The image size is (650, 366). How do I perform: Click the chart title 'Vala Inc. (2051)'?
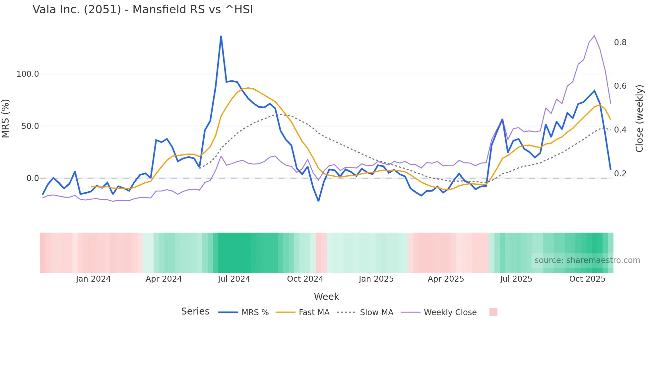[143, 10]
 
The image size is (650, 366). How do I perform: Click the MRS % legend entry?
[255, 313]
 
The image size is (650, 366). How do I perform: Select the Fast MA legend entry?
[314, 313]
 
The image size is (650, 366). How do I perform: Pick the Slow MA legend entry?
[376, 313]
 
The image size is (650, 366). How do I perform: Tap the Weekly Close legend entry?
[450, 313]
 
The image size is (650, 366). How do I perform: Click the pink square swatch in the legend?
[493, 312]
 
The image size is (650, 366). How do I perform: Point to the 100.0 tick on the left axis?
[28, 74]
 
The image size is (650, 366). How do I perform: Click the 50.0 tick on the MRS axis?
[30, 126]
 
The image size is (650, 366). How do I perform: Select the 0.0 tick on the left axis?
[32, 178]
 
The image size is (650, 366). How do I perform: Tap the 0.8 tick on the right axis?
[620, 43]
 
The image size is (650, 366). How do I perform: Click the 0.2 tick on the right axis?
[620, 174]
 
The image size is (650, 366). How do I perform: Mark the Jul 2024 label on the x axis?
[234, 279]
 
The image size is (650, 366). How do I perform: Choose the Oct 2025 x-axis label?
[587, 279]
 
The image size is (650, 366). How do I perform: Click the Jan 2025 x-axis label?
[376, 279]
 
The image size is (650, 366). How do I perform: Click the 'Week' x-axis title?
[326, 297]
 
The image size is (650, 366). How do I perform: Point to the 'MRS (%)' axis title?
[6, 118]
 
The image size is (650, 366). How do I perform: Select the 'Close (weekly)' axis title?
[639, 118]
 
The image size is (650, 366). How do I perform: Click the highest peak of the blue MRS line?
[221, 36]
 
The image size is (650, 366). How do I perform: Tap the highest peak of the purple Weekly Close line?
[594, 36]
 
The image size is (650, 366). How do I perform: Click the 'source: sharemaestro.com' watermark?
[587, 260]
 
